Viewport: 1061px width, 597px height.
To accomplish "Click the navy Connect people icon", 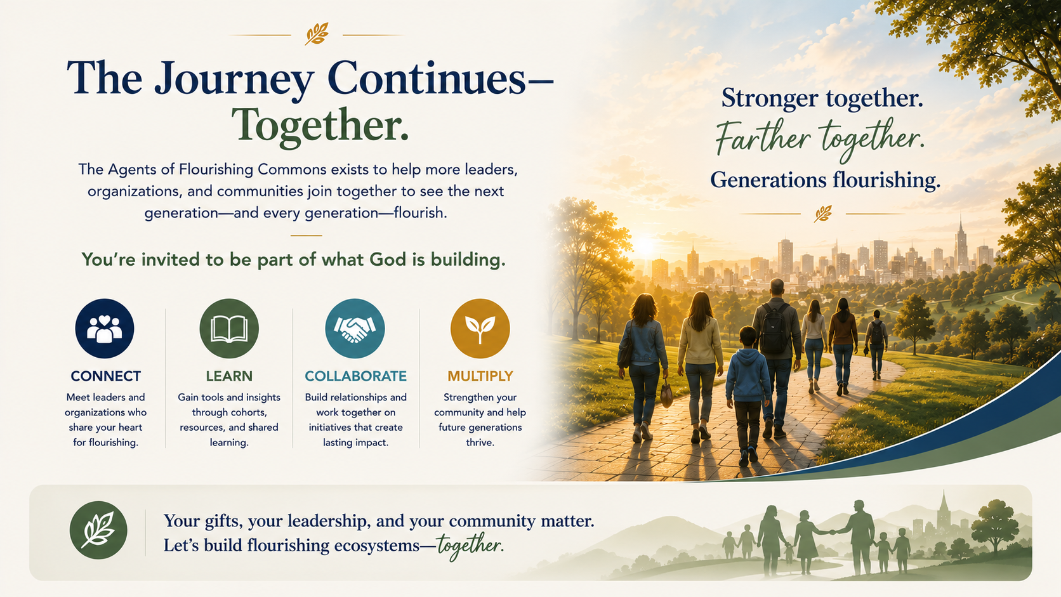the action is (x=104, y=328).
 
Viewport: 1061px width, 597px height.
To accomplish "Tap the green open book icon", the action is (x=229, y=328).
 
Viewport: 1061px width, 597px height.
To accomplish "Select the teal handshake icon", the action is (x=355, y=328).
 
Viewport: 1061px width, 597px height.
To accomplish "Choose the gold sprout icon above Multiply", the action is (x=480, y=328).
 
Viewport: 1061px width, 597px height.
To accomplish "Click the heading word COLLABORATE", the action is (x=356, y=376).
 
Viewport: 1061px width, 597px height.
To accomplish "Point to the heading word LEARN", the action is (x=229, y=376).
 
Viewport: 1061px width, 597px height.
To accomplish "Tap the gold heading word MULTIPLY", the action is (x=480, y=376).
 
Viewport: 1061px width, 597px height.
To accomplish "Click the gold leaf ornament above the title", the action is (x=317, y=34).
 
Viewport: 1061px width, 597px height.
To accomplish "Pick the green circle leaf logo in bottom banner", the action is (x=98, y=530).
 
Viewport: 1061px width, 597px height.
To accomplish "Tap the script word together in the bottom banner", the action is (x=468, y=546).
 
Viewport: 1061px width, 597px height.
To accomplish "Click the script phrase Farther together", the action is (x=820, y=138).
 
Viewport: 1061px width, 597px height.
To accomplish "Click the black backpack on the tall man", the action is (x=774, y=328).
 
